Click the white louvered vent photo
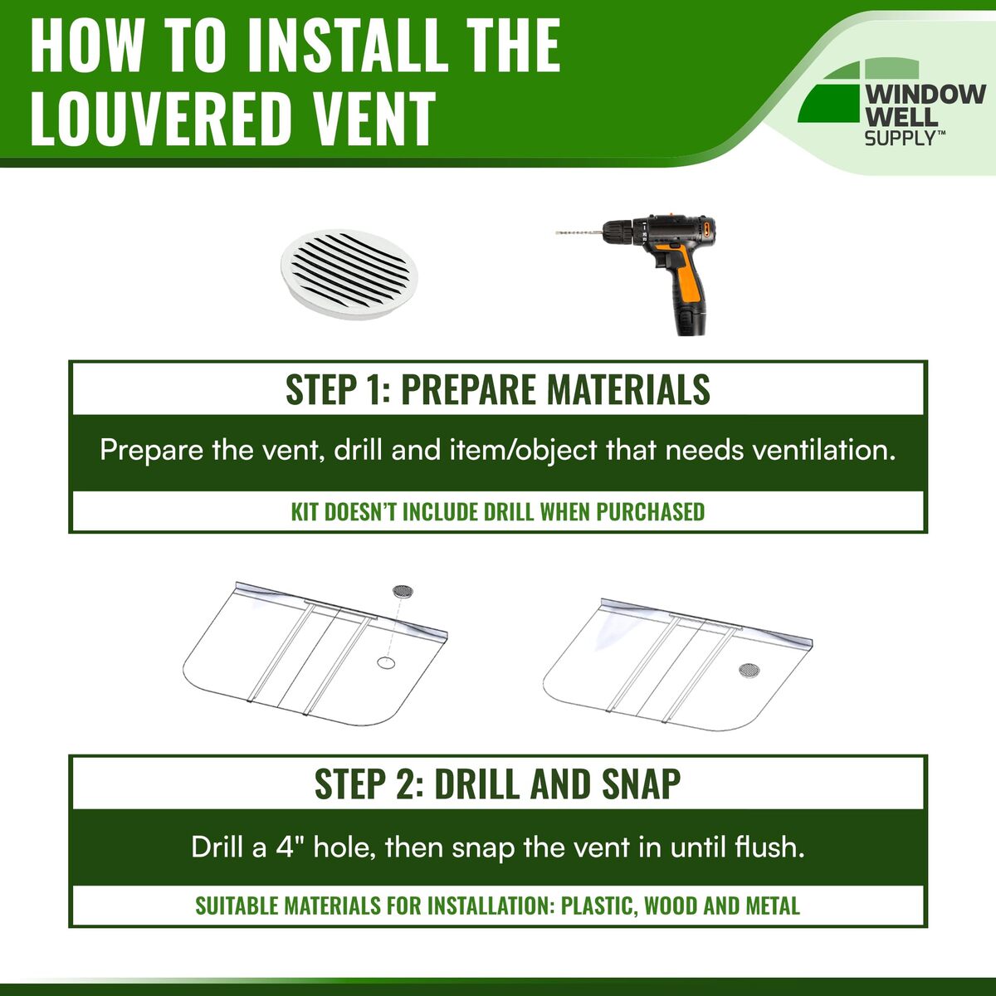(x=349, y=274)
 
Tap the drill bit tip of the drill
(x=557, y=233)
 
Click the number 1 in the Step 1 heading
(x=371, y=389)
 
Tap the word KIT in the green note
(x=305, y=512)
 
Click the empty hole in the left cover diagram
(x=386, y=662)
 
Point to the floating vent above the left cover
(x=403, y=591)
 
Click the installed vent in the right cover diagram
(x=749, y=671)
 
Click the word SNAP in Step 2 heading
(x=642, y=784)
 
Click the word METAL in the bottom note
(x=773, y=906)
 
